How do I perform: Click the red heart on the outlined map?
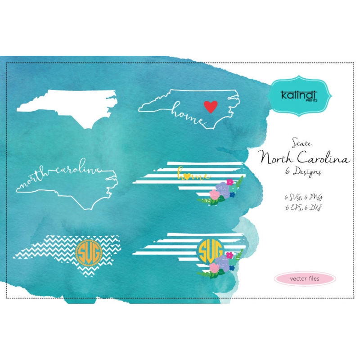[210, 106]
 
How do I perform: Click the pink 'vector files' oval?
[305, 279]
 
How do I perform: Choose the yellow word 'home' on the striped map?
[193, 174]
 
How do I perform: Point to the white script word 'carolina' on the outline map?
[76, 170]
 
